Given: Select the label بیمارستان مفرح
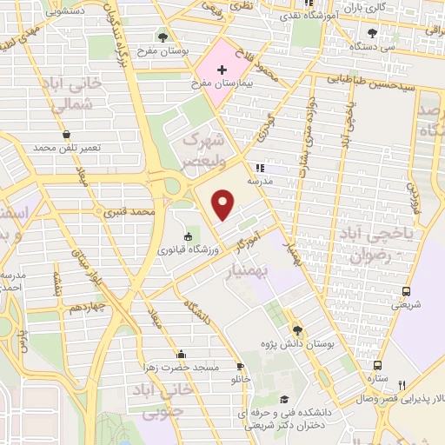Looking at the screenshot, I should click(x=221, y=85).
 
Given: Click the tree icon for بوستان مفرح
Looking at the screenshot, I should click(x=162, y=37).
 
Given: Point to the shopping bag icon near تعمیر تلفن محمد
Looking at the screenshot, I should click(x=67, y=135).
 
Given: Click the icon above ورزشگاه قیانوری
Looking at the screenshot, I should click(x=187, y=236).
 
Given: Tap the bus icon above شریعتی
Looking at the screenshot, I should click(x=406, y=291).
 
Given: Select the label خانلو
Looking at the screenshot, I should click(x=239, y=380).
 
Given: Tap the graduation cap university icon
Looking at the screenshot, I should click(x=285, y=399).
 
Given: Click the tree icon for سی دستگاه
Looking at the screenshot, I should click(x=373, y=33).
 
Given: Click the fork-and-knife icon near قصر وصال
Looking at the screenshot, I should click(x=402, y=385).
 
